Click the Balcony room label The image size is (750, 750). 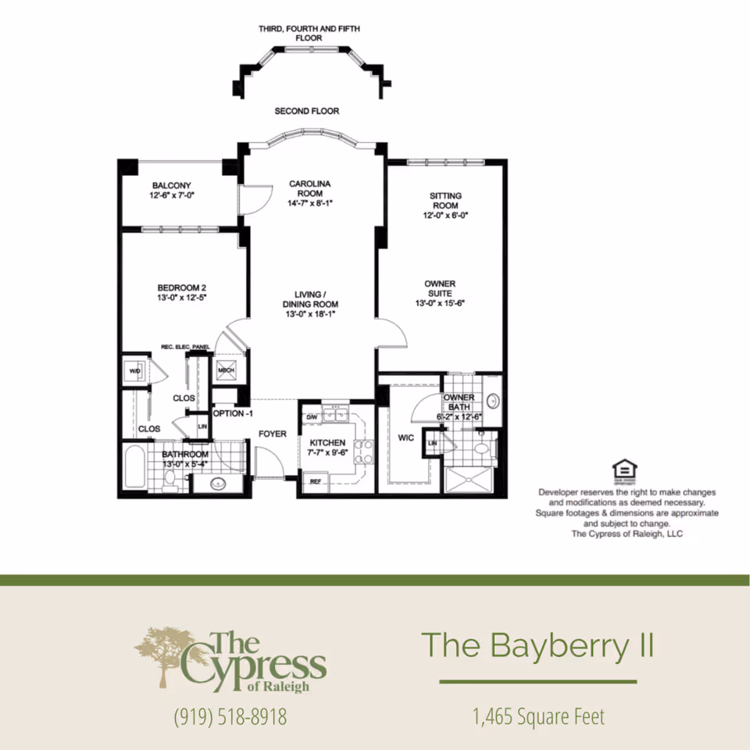click(x=171, y=185)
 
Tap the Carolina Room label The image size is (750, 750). click(x=310, y=184)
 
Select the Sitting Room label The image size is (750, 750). click(x=445, y=195)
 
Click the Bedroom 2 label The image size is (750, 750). click(x=180, y=287)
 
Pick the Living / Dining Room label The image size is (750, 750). click(x=310, y=294)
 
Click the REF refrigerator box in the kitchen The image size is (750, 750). click(x=316, y=481)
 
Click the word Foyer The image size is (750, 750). click(x=273, y=434)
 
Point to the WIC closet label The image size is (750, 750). click(x=405, y=438)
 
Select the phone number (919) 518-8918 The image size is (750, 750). click(x=230, y=716)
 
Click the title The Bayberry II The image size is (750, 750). click(x=537, y=646)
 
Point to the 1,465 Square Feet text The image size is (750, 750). click(x=538, y=716)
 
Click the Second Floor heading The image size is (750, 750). click(x=307, y=112)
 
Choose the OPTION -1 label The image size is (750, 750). click(x=233, y=413)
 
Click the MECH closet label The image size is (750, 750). click(x=227, y=370)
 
